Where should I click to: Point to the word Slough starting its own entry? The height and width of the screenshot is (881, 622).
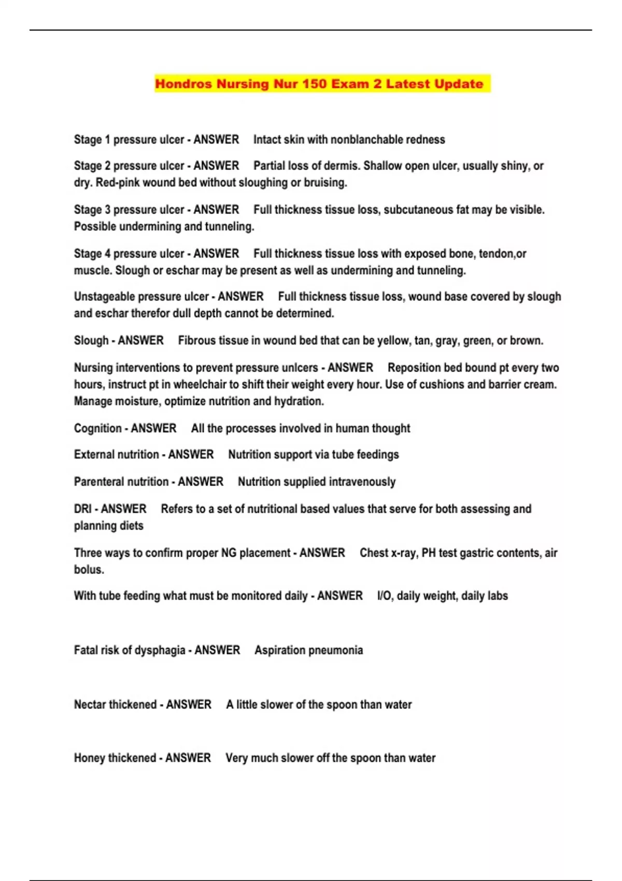(x=91, y=341)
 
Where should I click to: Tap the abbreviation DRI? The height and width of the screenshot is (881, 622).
(x=82, y=509)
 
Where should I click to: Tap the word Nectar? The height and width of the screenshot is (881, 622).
(x=91, y=705)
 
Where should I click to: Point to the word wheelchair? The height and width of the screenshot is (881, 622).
(x=201, y=385)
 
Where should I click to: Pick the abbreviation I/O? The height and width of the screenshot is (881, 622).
(x=384, y=596)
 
